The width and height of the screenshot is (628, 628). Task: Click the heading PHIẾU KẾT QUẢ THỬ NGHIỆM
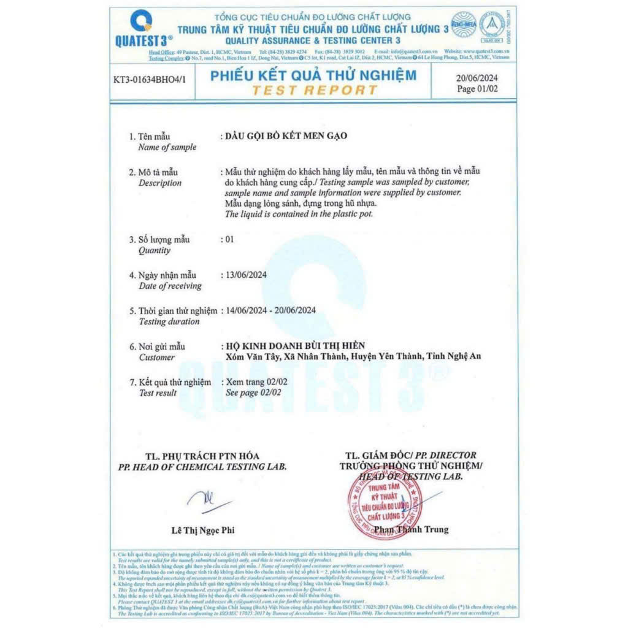pos(313,75)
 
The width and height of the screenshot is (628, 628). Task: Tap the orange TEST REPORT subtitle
pos(314,90)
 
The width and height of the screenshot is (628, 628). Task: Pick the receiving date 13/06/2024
pos(247,275)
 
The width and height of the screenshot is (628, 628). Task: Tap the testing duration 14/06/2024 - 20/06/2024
pos(270,310)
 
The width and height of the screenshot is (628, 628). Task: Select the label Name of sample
pos(167,147)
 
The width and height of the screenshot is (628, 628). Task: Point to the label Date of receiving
pos(170,286)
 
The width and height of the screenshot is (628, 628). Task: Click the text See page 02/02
pos(253,392)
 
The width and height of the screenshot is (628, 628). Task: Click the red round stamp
pos(385,503)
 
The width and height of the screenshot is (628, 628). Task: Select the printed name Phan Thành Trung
pos(419,529)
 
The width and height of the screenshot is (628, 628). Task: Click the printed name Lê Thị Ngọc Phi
pos(203,530)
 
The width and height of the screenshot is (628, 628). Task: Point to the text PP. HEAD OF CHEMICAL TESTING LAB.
pos(202,467)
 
